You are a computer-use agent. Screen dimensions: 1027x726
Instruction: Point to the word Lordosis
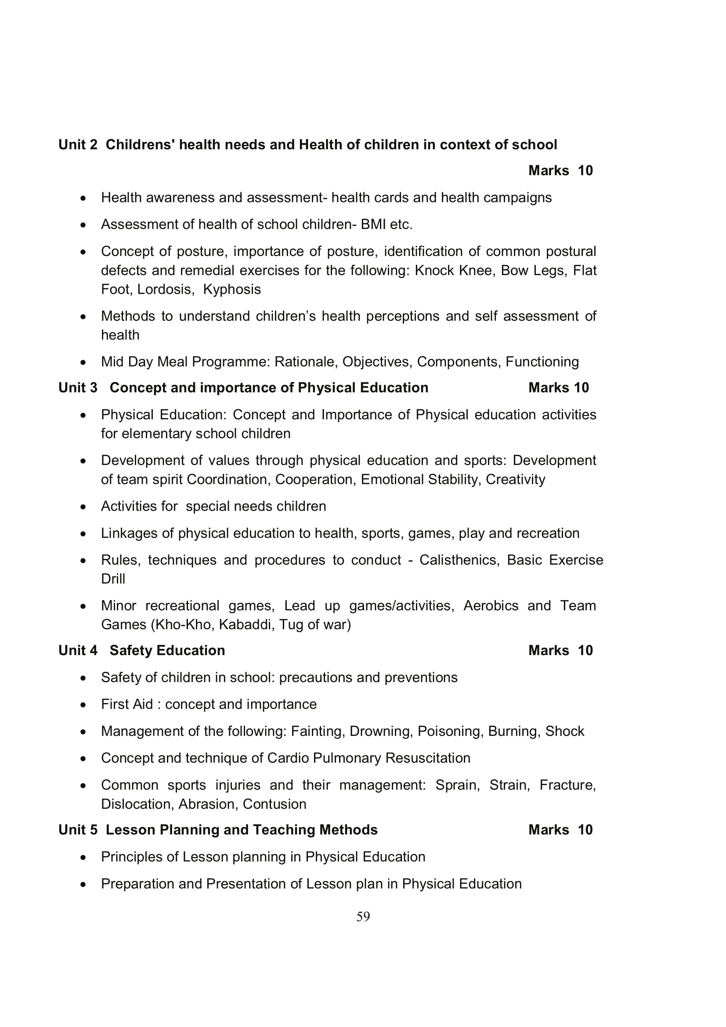166,289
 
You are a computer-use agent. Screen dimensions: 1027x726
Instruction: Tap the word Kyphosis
232,289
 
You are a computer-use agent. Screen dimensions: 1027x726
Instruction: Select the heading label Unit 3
78,387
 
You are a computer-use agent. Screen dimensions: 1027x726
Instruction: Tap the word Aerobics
491,605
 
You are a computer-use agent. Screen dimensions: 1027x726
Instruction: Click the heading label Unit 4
78,650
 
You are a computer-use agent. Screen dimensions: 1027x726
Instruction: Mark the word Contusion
274,804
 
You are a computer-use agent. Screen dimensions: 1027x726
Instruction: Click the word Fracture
567,785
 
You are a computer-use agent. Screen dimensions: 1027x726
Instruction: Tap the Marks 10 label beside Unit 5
560,830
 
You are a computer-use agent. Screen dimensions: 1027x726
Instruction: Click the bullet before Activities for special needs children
83,507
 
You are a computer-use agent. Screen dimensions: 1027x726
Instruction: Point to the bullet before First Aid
83,705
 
